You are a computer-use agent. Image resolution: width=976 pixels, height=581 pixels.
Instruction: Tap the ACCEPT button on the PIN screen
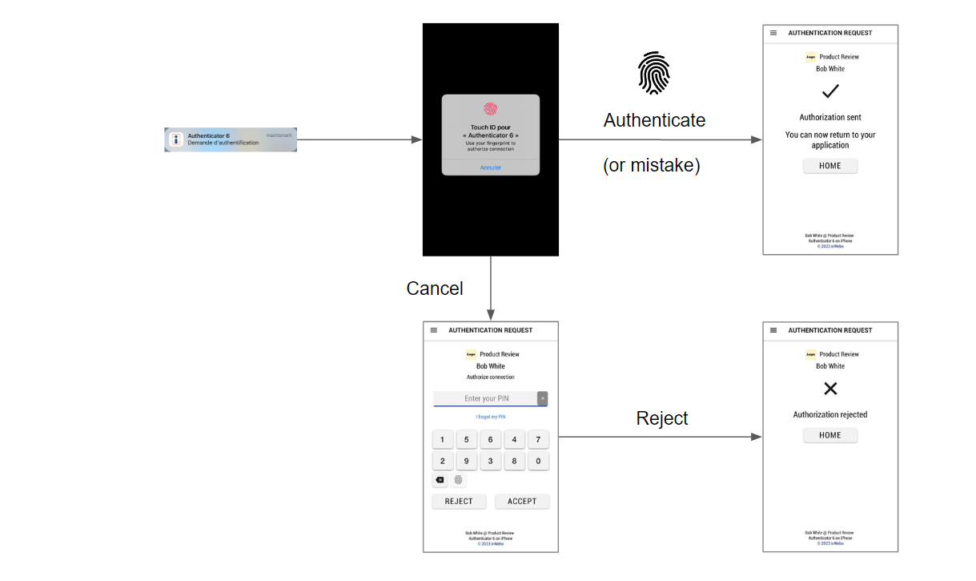[x=522, y=502]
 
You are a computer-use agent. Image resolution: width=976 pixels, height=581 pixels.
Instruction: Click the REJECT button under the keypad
[x=459, y=502]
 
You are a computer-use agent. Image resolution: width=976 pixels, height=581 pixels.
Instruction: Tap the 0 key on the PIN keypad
[x=538, y=461]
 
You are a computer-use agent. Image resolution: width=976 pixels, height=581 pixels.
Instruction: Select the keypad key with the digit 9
[x=466, y=461]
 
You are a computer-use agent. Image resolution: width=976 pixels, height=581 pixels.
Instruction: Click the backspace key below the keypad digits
[x=440, y=480]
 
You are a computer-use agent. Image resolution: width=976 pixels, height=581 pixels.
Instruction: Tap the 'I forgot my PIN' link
[x=490, y=417]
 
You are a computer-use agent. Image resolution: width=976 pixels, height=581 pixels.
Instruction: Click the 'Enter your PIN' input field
[x=485, y=398]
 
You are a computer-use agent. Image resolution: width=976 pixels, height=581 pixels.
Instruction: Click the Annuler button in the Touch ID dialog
[x=491, y=167]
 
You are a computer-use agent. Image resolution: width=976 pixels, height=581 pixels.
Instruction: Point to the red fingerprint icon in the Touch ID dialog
[x=490, y=110]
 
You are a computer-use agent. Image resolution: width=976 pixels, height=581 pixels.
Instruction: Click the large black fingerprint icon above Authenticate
[x=653, y=73]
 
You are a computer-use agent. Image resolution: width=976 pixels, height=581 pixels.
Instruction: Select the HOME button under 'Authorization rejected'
[x=830, y=435]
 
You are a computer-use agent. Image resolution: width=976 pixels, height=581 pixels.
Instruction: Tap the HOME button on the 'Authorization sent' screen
[x=830, y=166]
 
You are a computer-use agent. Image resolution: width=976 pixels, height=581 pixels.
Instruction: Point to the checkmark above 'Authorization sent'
[x=830, y=91]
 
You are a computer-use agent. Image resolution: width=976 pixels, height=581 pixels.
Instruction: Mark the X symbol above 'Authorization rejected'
[x=830, y=389]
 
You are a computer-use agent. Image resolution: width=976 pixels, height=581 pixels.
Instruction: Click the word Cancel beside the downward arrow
[x=435, y=288]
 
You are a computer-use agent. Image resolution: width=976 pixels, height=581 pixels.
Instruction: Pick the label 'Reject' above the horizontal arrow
[x=662, y=418]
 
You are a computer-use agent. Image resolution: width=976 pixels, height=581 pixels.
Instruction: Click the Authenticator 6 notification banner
[x=231, y=139]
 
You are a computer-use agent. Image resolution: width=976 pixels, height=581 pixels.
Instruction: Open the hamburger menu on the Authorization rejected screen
[x=773, y=330]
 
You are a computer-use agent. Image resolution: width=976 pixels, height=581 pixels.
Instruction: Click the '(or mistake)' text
[x=651, y=165]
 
